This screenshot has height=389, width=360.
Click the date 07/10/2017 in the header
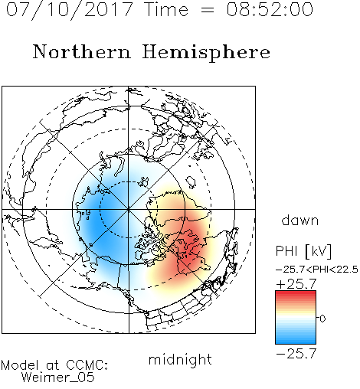pyautogui.click(x=70, y=10)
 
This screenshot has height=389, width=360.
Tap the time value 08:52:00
pyautogui.click(x=270, y=9)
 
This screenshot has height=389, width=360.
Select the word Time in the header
pyautogui.click(x=166, y=9)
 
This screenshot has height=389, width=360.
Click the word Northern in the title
pyautogui.click(x=82, y=51)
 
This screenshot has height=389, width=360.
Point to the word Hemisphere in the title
pyautogui.click(x=206, y=53)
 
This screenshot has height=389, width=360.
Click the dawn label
pyautogui.click(x=300, y=220)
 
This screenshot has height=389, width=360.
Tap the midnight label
pyautogui.click(x=180, y=359)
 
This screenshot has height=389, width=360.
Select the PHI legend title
pyautogui.click(x=286, y=251)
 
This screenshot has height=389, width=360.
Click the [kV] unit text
pyautogui.click(x=319, y=251)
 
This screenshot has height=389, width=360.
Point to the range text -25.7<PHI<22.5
pyautogui.click(x=317, y=270)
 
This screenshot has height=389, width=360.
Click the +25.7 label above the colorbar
pyautogui.click(x=296, y=284)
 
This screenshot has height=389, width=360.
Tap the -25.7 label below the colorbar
pyautogui.click(x=296, y=354)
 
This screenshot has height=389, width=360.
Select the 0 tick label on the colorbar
pyautogui.click(x=322, y=319)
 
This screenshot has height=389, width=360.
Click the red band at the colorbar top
pyautogui.click(x=296, y=294)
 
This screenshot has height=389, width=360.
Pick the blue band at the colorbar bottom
pyautogui.click(x=296, y=340)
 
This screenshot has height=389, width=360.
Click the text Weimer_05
pyautogui.click(x=58, y=378)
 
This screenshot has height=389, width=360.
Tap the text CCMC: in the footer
pyautogui.click(x=87, y=365)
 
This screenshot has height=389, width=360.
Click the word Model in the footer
pyautogui.click(x=20, y=365)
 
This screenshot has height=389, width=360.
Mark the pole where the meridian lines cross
pyautogui.click(x=129, y=209)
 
